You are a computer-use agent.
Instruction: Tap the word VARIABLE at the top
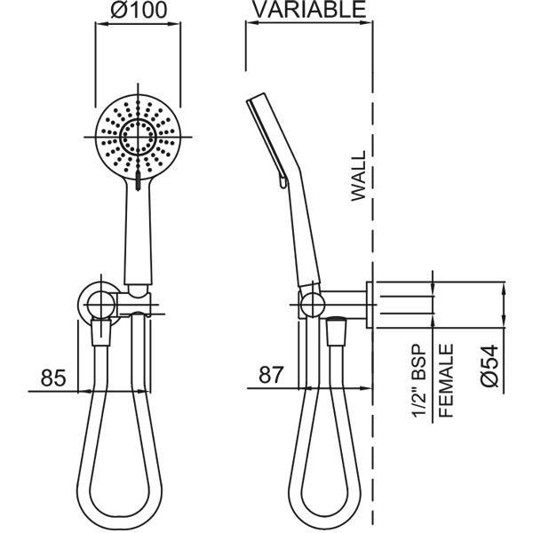click(308, 11)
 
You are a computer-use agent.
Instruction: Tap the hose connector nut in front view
click(102, 336)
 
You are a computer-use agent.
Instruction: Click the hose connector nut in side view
click(336, 336)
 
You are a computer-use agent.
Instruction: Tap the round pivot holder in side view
click(309, 304)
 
